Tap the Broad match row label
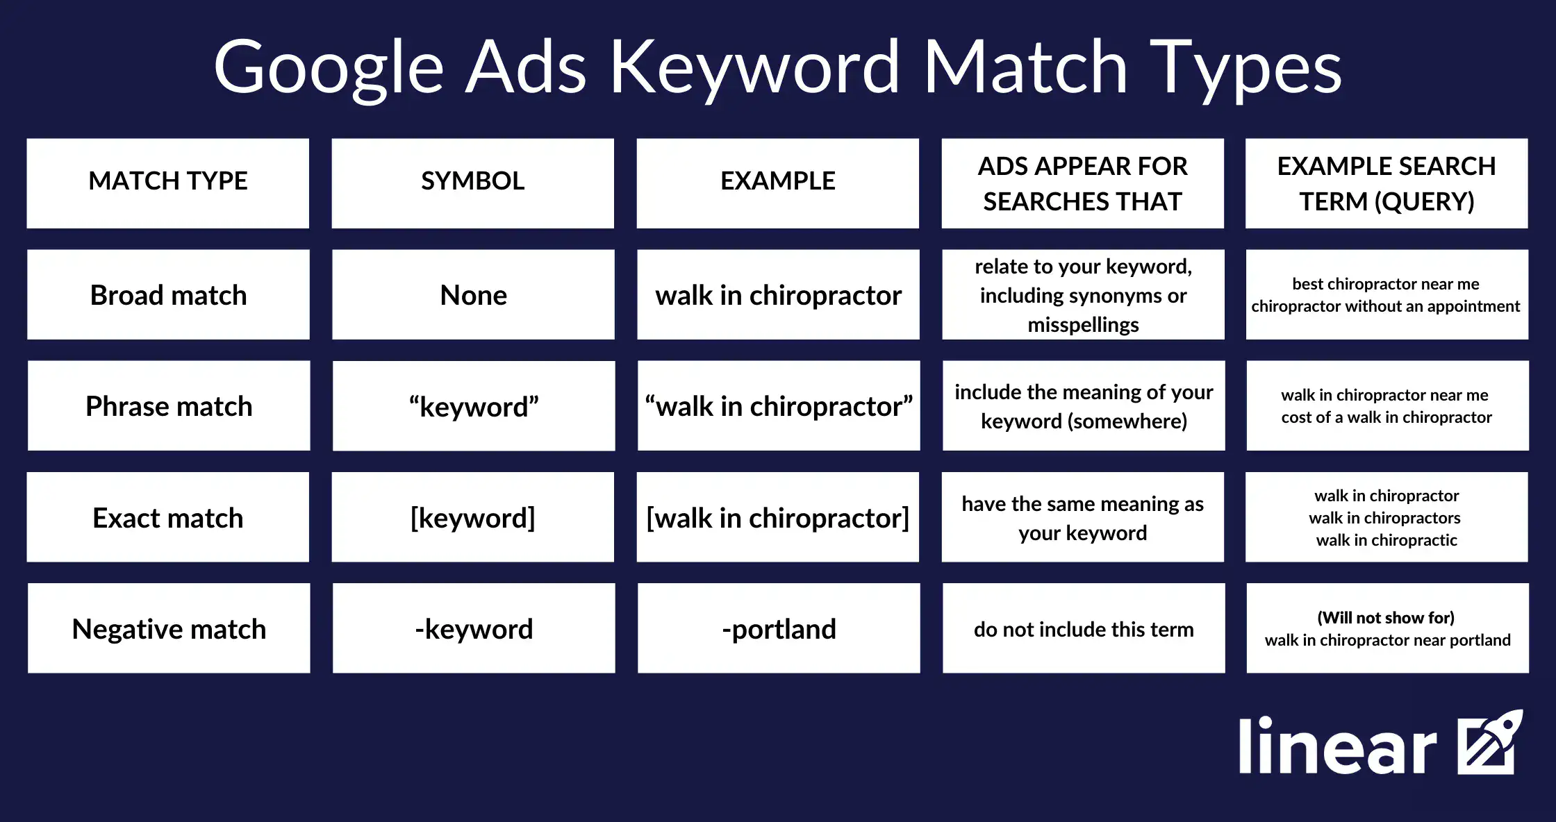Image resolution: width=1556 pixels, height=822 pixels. click(168, 295)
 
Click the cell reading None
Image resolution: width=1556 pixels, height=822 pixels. click(473, 295)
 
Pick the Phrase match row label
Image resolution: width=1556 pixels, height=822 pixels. click(168, 406)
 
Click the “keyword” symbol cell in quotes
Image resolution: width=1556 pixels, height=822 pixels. click(473, 407)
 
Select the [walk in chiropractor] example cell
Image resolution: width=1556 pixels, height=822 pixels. click(778, 518)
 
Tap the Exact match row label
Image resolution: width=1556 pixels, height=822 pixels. click(168, 518)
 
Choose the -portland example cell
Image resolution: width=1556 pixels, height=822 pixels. click(778, 629)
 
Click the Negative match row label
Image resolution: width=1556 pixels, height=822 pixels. click(168, 629)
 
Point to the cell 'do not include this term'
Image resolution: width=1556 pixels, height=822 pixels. click(1084, 629)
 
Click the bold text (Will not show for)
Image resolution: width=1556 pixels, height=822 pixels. click(1386, 617)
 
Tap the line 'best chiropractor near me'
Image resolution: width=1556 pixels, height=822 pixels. click(1386, 284)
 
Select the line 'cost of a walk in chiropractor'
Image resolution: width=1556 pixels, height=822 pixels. click(1387, 417)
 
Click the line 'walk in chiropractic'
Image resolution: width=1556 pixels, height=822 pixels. click(1387, 540)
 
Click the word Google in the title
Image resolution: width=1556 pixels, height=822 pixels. click(328, 68)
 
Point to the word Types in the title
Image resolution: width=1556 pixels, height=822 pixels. click(1245, 68)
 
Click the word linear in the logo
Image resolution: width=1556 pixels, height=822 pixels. click(1337, 746)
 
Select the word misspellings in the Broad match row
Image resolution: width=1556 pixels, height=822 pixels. click(1083, 324)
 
